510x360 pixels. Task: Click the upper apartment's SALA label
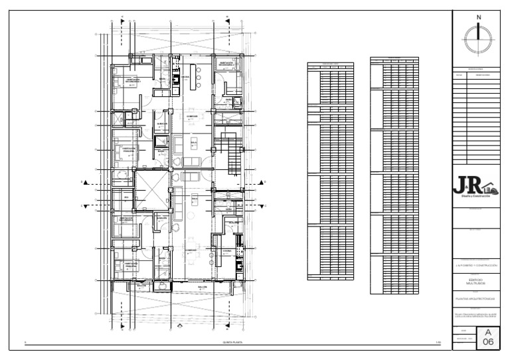tap(194, 141)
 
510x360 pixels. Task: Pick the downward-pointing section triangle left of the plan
tap(85, 206)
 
